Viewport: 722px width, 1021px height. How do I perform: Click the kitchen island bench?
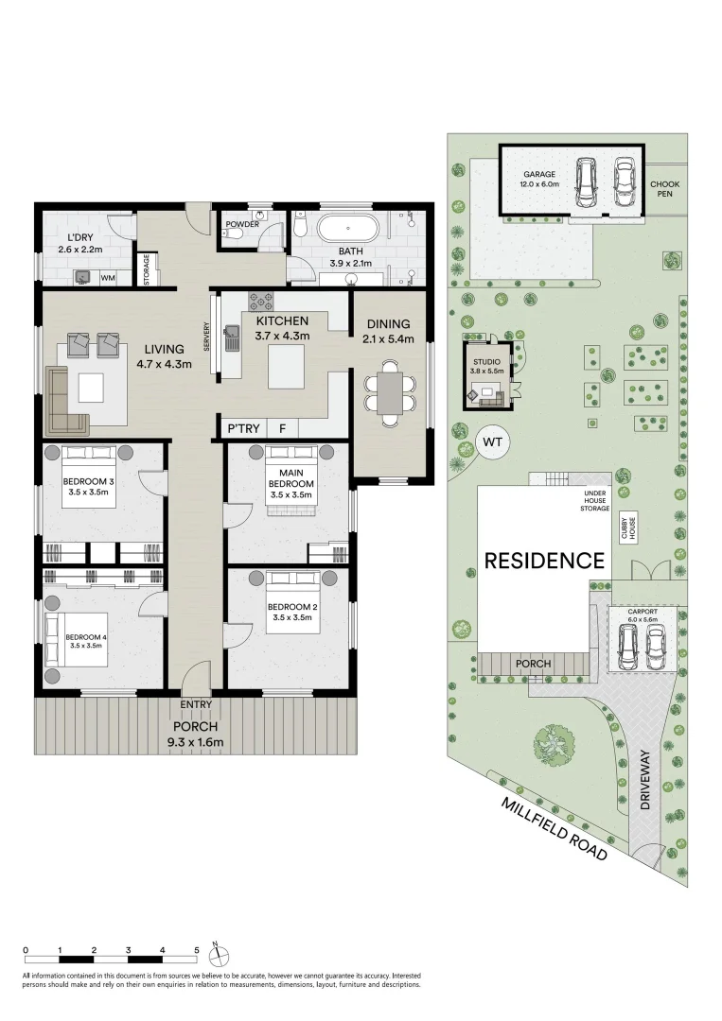tap(287, 367)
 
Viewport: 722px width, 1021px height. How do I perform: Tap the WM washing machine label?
tap(107, 278)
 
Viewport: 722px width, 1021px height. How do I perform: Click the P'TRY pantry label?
tap(238, 428)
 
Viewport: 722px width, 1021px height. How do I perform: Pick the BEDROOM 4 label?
tap(86, 637)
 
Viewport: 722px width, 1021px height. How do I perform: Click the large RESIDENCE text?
tap(544, 561)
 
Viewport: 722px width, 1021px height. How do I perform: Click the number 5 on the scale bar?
tap(197, 949)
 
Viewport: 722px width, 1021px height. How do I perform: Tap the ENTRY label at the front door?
tap(196, 704)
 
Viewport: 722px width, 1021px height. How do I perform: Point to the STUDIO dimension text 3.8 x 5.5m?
tap(488, 372)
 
